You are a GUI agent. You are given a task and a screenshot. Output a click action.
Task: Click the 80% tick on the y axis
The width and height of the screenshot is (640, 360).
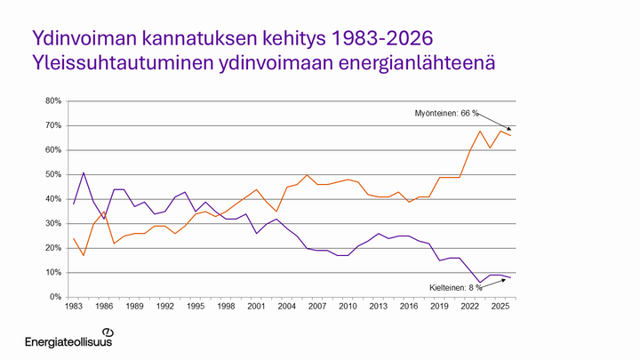pos(52,101)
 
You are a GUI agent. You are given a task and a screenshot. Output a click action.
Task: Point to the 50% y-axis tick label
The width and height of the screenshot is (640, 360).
pos(52,175)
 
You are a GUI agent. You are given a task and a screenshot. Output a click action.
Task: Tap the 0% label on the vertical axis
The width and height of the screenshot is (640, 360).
pos(55,297)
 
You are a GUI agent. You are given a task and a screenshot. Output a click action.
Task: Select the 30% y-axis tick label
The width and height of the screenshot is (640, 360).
pos(52,224)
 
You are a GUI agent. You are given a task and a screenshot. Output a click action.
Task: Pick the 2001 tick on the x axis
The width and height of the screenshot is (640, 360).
pos(256,307)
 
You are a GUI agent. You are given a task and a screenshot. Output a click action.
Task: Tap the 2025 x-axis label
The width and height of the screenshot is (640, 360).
pos(500,307)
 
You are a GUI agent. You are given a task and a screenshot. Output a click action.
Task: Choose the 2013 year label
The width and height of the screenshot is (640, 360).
pos(378,307)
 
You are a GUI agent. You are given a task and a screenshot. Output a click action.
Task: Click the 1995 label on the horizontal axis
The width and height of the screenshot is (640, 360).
pos(196,307)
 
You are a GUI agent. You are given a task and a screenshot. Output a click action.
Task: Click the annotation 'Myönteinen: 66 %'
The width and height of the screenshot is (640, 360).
pos(446,114)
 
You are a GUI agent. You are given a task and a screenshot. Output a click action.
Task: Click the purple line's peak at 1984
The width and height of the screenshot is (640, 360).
pos(84,173)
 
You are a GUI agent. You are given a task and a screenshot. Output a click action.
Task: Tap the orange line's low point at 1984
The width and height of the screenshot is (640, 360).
pos(84,255)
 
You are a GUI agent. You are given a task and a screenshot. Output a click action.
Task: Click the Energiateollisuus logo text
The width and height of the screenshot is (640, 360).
pos(68,341)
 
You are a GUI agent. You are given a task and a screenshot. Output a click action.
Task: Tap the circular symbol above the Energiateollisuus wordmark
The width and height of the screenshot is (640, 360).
pos(108,331)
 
